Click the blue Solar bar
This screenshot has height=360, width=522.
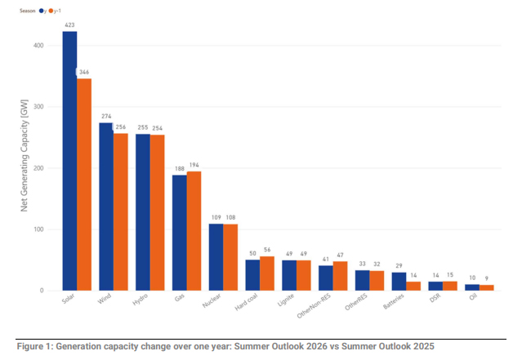[69, 161]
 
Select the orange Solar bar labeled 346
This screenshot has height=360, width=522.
[84, 184]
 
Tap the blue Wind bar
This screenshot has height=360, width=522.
[106, 207]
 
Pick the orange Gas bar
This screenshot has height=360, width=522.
[194, 231]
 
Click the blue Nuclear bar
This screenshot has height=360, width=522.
[216, 257]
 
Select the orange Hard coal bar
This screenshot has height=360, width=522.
[267, 273]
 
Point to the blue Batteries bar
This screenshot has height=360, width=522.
[399, 282]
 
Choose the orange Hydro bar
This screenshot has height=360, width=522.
[157, 213]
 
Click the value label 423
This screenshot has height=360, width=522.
[69, 25]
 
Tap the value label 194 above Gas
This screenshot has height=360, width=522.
[194, 165]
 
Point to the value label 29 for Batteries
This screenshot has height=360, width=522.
[399, 266]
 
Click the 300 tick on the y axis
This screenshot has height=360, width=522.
[38, 107]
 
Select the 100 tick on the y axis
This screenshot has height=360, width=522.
[38, 229]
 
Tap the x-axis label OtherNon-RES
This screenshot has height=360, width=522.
[314, 306]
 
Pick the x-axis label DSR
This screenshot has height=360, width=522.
[435, 298]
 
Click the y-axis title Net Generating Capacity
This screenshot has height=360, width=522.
[25, 155]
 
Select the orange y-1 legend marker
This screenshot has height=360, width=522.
[51, 11]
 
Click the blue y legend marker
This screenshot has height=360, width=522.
[42, 11]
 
